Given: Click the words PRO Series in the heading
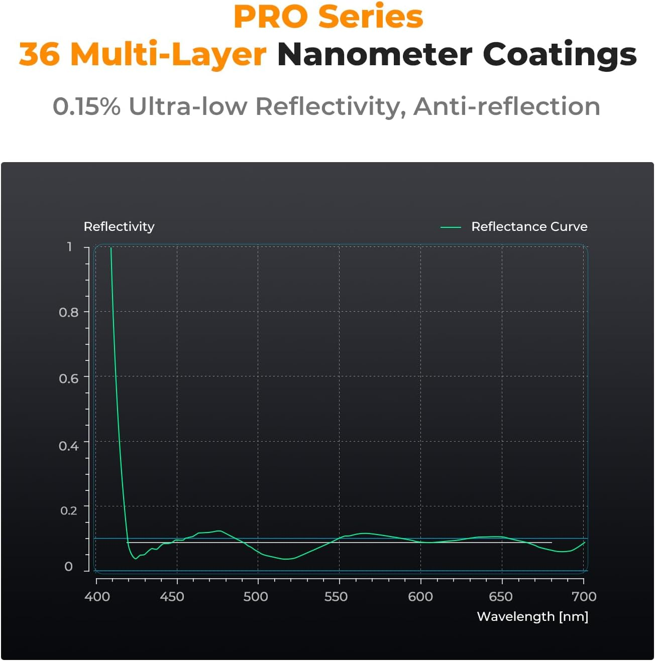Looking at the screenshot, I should point(328,17).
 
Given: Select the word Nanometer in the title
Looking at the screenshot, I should point(374,54).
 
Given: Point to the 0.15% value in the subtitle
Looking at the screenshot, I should point(86,106).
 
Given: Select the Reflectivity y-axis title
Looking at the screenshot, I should point(119,227).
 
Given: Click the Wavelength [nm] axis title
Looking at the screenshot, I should point(532,617).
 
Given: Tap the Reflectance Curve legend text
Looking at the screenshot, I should point(529,227).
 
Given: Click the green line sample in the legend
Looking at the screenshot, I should point(451,227).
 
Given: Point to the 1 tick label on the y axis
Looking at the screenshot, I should point(70,246).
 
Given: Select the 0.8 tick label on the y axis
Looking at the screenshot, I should point(69,312).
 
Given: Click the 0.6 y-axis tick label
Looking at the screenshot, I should point(69,378).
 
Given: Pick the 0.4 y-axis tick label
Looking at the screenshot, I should point(69,446).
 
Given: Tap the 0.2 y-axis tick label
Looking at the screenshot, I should point(69,510).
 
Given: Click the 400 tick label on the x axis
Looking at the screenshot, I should point(97,597).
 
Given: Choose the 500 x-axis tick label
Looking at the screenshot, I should point(255,597).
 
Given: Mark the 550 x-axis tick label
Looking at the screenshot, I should point(336,597).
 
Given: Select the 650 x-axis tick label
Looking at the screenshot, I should point(500,597).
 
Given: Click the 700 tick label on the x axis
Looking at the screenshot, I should point(584,597).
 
